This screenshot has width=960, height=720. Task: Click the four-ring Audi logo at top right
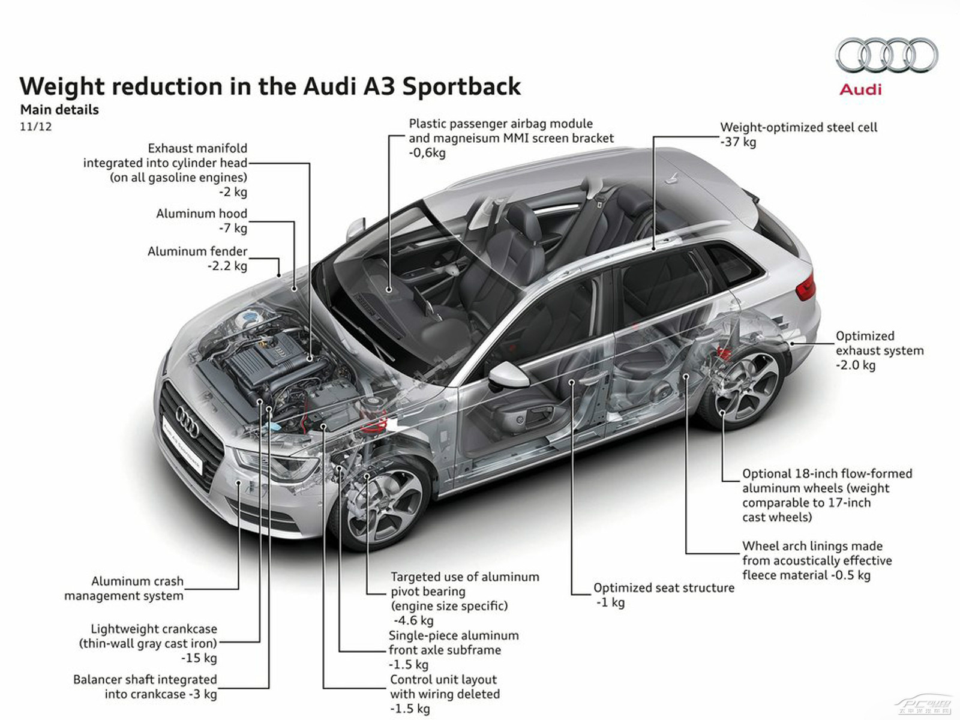pos(886,55)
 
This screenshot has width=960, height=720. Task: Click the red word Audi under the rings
pos(860,90)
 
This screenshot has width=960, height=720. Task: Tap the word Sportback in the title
pos(461,87)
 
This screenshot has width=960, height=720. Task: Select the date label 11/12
pos(35,127)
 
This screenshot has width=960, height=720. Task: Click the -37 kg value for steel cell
pos(739,142)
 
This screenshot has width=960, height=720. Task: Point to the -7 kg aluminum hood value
pos(233,229)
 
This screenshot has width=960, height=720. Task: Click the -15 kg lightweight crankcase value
pos(199,658)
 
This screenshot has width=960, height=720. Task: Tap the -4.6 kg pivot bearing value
pos(413,620)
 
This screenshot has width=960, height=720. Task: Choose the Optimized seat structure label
pos(664,588)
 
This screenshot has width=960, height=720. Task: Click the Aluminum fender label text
pos(197,251)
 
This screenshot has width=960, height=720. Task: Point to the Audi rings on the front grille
pos(187,422)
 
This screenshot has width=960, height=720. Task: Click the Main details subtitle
pos(59,110)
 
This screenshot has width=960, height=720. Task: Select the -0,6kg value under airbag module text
pos(427,153)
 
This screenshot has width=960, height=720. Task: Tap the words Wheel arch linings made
pos(812,546)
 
